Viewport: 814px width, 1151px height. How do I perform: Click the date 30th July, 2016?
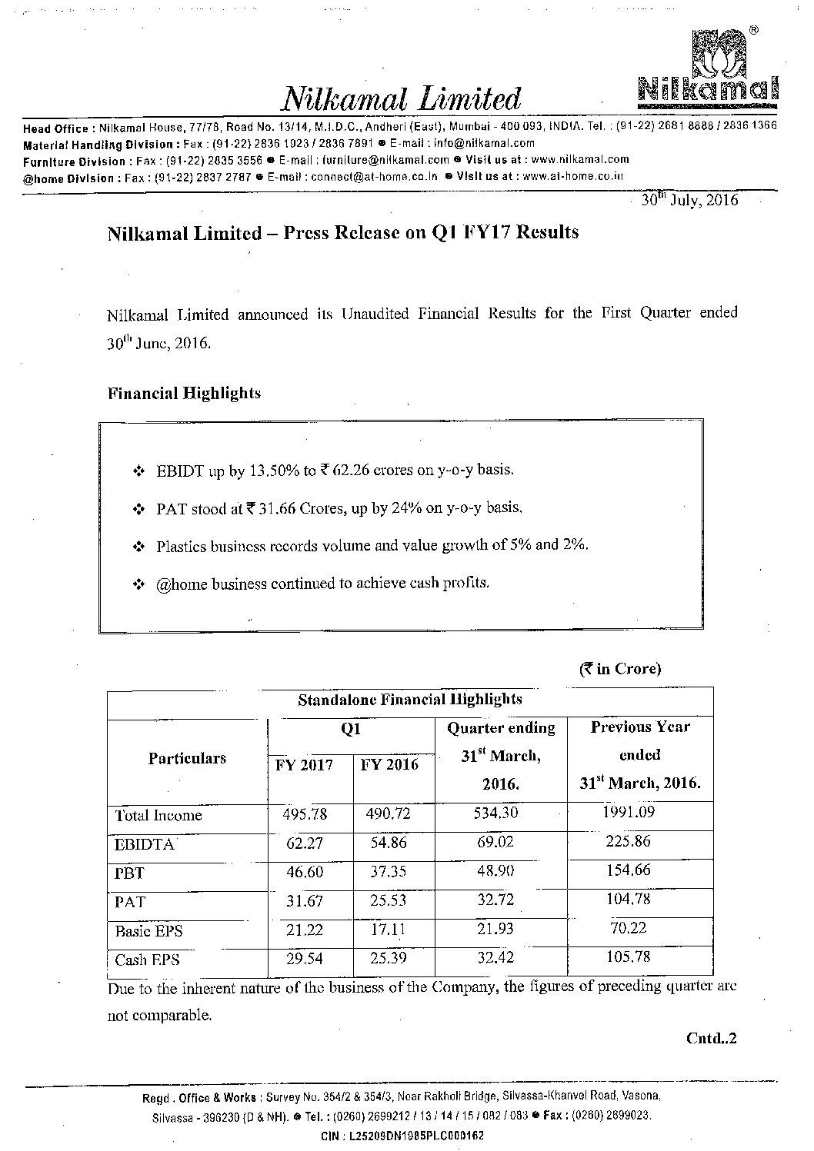pyautogui.click(x=689, y=200)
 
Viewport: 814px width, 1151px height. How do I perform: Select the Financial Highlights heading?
pyautogui.click(x=184, y=394)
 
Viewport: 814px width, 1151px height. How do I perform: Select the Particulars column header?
pyautogui.click(x=187, y=758)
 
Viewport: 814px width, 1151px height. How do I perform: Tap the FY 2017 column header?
pyautogui.click(x=305, y=765)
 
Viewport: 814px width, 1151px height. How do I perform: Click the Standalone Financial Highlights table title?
pyautogui.click(x=410, y=700)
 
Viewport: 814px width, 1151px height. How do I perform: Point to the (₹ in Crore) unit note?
pyautogui.click(x=620, y=668)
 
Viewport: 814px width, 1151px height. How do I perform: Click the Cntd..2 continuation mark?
pyautogui.click(x=711, y=1038)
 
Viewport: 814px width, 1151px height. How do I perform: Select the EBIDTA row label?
pyautogui.click(x=145, y=844)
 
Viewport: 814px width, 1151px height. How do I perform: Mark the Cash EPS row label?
pyautogui.click(x=147, y=960)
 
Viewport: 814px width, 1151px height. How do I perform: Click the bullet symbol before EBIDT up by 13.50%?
pyautogui.click(x=139, y=470)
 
